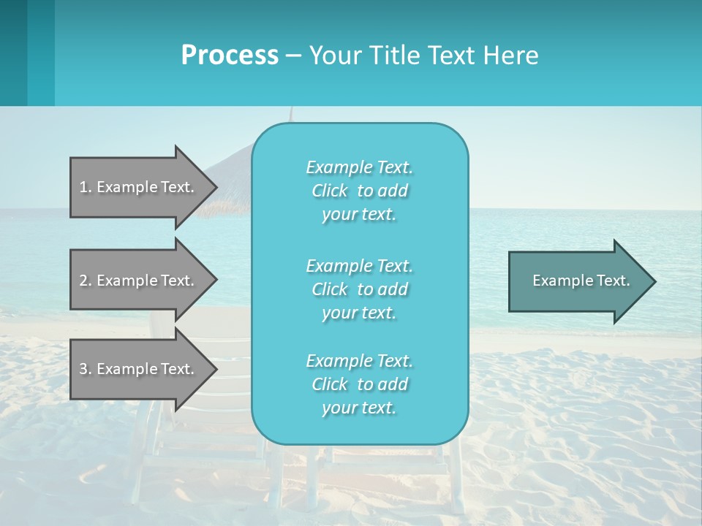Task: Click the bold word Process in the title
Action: pyautogui.click(x=230, y=56)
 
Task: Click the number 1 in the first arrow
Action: pyautogui.click(x=83, y=187)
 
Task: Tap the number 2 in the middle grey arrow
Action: pyautogui.click(x=83, y=281)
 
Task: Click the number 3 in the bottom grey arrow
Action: pyautogui.click(x=83, y=369)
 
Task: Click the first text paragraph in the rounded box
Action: pyautogui.click(x=359, y=191)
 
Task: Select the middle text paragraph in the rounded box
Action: pyautogui.click(x=359, y=289)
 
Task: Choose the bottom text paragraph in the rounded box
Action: pyautogui.click(x=359, y=384)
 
